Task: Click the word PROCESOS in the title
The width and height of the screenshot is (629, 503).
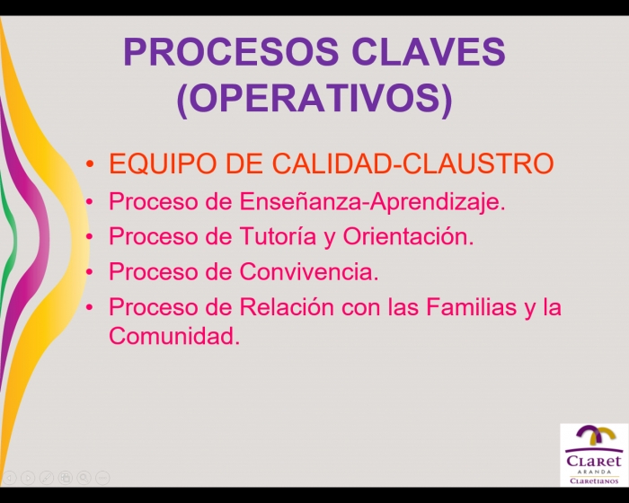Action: coord(231,51)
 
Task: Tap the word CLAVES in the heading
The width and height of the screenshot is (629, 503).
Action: coord(429,51)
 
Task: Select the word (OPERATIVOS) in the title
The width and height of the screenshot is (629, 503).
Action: coord(314,99)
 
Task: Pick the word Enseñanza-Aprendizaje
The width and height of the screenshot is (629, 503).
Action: coord(372,201)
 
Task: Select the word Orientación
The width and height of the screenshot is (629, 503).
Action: coord(408,236)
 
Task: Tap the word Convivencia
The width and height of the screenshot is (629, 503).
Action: coord(309,271)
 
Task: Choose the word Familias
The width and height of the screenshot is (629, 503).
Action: coord(471,307)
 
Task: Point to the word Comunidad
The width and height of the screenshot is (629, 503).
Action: coord(174,336)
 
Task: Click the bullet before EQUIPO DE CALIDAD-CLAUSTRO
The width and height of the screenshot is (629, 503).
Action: coord(90,163)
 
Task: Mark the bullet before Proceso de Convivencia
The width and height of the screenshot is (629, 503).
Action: coord(90,272)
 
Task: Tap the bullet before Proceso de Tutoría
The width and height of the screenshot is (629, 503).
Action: coord(90,236)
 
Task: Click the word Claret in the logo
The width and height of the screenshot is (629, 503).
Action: coord(594,460)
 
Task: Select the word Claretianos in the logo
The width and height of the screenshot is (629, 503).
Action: coord(594,481)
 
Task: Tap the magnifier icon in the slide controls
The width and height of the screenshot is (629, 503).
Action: coord(84,477)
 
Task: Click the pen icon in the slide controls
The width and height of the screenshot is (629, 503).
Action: coord(47,477)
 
